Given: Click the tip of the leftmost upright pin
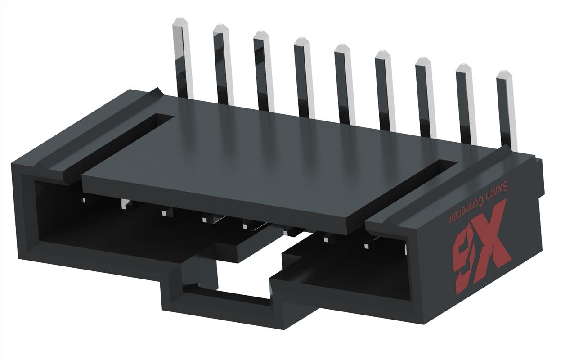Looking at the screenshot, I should point(180,21).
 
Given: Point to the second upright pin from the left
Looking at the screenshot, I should point(223,63).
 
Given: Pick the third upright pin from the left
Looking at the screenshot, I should point(264,70).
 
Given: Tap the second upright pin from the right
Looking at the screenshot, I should point(466,103).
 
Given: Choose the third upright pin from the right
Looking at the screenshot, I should point(425,97).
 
